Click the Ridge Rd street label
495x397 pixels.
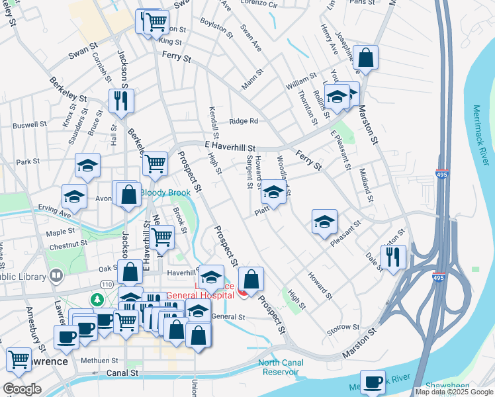244,121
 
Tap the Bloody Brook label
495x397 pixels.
165,193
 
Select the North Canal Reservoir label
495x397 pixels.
287,367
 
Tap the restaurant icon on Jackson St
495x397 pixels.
121,101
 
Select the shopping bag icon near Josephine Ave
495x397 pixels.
365,57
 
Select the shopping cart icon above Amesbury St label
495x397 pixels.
19,359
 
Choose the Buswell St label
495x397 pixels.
30,124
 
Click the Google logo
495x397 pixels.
22,389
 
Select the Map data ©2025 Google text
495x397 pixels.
453,392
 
